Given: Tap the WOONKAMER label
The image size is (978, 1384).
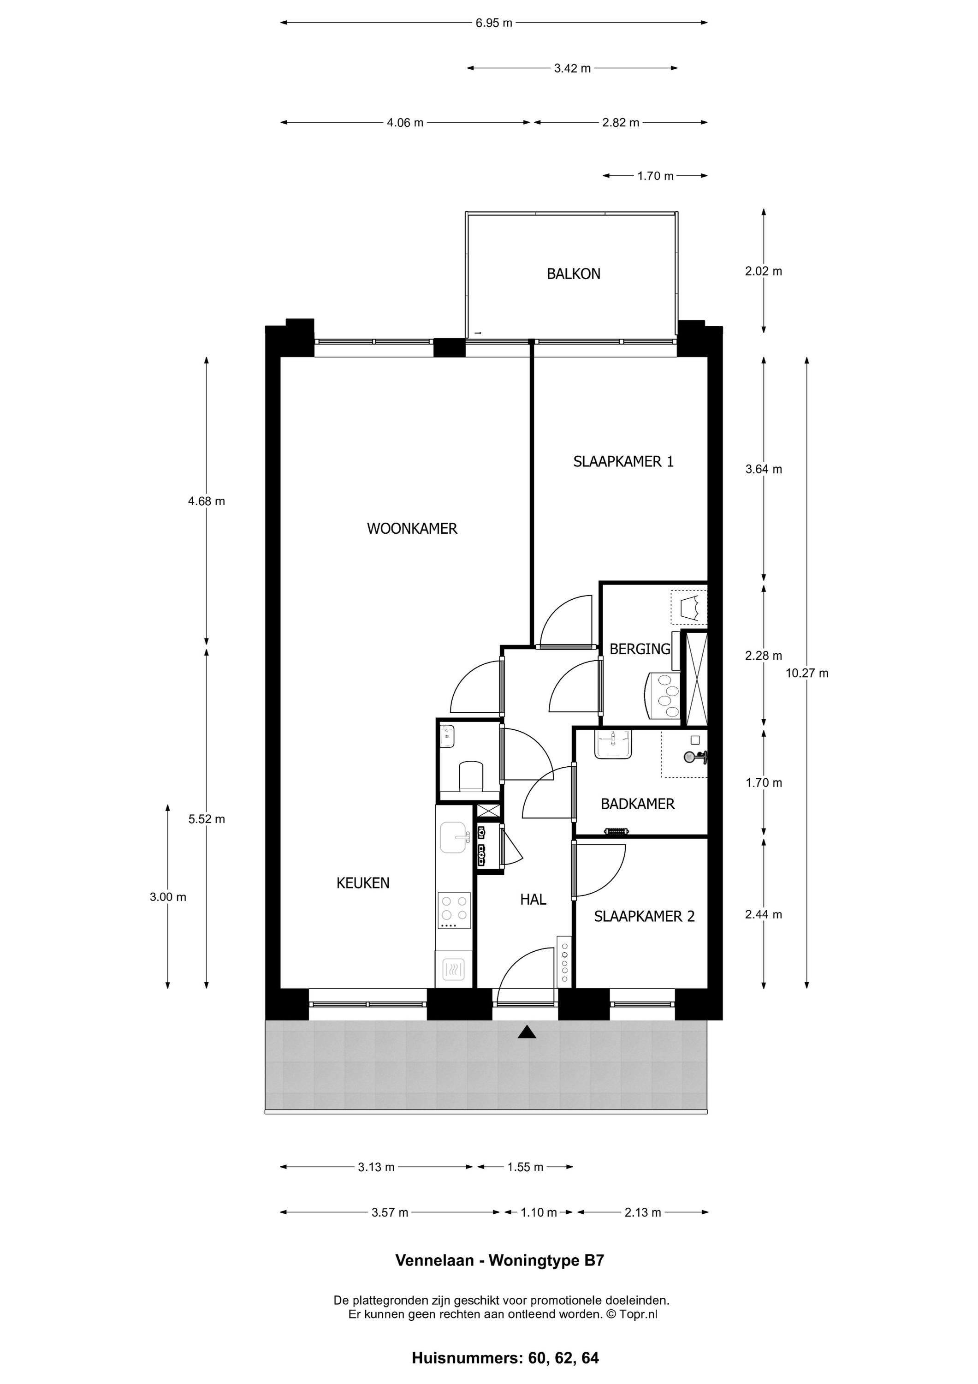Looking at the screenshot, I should (412, 529).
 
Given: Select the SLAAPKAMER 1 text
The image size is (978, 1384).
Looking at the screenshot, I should (623, 462).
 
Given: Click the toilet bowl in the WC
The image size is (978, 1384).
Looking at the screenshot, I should (471, 776).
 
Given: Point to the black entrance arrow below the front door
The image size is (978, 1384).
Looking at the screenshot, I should (527, 1032).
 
